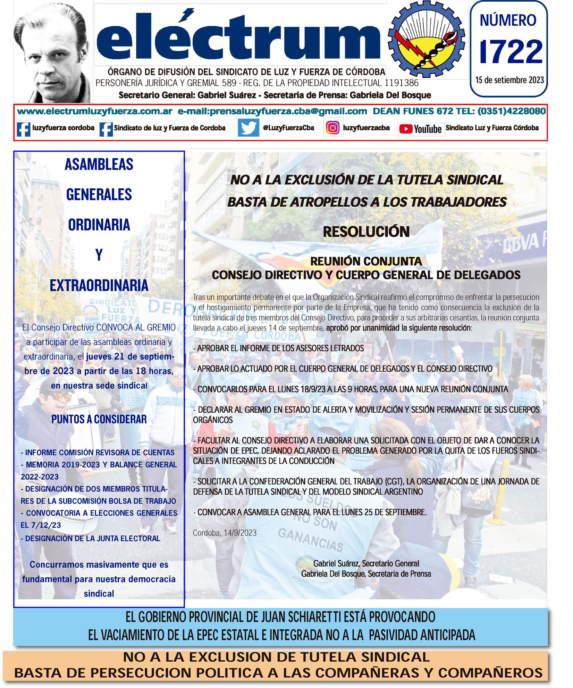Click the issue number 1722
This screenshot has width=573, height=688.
coord(511,52)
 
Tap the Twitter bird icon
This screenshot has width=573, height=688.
coord(248,127)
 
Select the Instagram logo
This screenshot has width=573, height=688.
coord(332,128)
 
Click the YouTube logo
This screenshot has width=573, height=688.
coord(421,129)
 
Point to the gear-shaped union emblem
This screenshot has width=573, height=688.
coord(426,39)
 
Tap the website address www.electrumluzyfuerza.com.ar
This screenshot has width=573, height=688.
coord(95,111)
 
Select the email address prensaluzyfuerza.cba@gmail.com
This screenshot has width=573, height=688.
coord(272,111)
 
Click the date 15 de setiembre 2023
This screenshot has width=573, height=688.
coord(509,80)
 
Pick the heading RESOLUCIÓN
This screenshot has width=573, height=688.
coord(366,232)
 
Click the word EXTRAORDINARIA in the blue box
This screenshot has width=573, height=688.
coord(99,286)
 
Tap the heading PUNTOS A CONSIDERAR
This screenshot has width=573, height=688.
coord(99,419)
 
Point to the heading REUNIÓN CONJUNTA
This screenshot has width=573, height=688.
coord(366,261)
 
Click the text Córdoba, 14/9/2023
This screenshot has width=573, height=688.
coord(225,533)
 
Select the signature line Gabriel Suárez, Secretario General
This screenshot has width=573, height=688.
coord(366,564)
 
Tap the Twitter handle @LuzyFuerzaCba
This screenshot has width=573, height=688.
coord(288,128)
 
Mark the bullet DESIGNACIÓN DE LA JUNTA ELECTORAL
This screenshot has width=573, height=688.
coord(91,539)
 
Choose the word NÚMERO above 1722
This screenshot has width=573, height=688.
coord(508,20)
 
